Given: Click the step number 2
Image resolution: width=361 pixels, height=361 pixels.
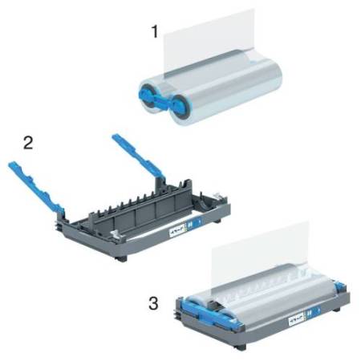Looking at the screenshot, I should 28,144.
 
